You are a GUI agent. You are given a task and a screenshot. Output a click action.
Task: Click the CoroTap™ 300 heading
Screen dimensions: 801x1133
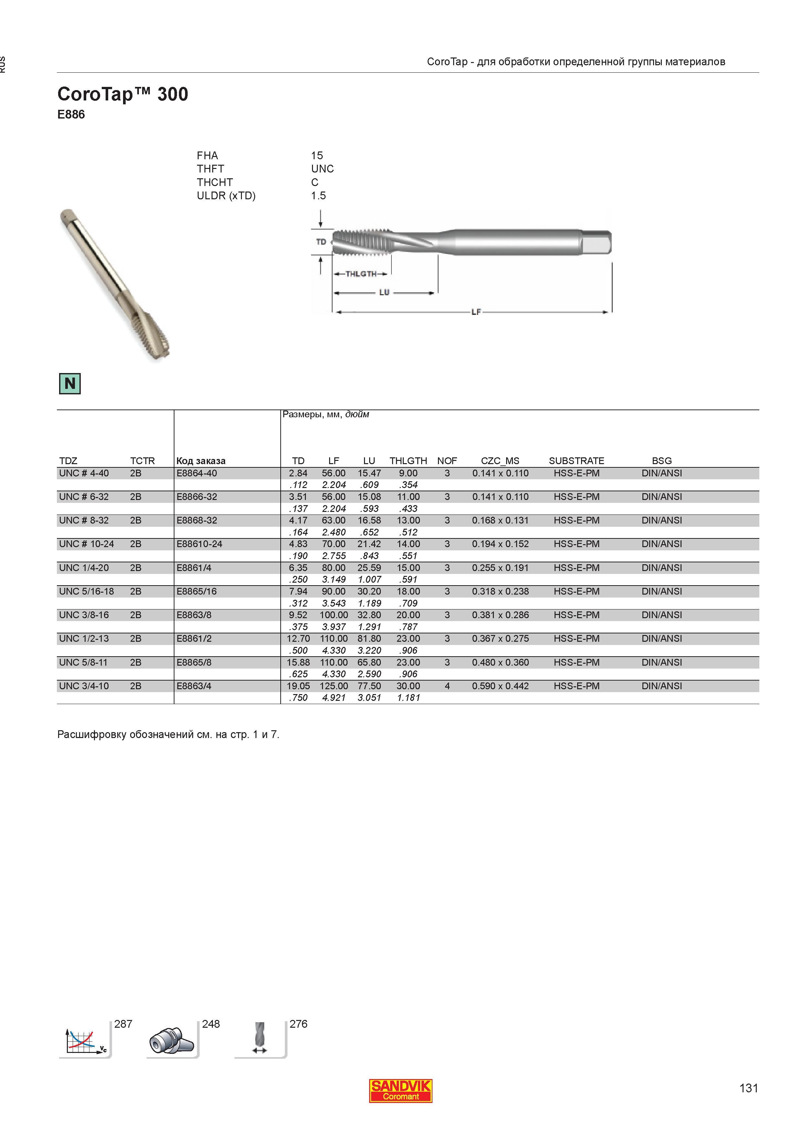(x=122, y=94)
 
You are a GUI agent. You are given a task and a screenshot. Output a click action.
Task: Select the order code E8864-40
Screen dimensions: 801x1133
(x=196, y=473)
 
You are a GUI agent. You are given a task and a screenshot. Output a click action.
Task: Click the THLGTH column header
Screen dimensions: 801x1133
(x=408, y=461)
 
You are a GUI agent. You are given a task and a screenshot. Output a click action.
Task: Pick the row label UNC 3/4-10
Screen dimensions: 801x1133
(x=84, y=686)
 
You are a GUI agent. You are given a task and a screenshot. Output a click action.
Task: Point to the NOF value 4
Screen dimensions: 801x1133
(x=447, y=686)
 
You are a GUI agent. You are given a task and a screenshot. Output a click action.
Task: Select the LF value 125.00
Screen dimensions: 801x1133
(x=334, y=686)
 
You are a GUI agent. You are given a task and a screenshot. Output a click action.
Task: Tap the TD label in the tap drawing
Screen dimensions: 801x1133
(x=321, y=242)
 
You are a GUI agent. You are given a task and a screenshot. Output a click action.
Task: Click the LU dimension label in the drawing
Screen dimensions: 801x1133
(x=384, y=292)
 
